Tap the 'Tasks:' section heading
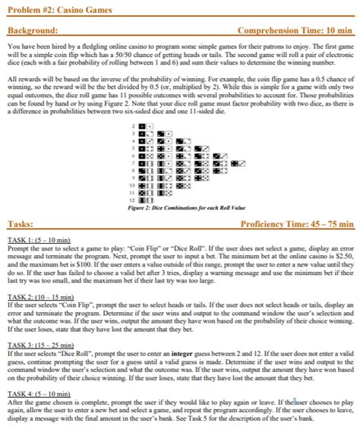click(x=18, y=225)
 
